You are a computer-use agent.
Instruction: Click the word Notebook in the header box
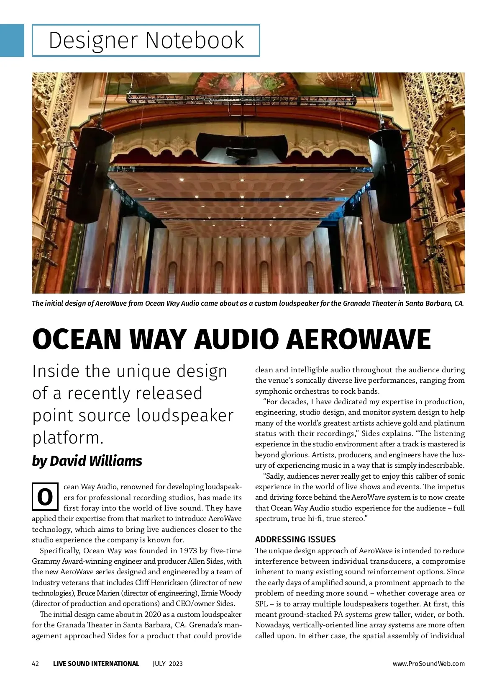coord(195,41)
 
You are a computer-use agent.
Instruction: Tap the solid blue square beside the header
coord(12,40)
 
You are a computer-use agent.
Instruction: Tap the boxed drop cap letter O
coord(45,497)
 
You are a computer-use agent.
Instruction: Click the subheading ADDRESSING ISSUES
coord(295,539)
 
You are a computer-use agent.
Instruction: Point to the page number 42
coord(36,663)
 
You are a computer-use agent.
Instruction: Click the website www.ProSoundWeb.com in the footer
coord(428,663)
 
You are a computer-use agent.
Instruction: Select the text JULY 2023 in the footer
coord(167,663)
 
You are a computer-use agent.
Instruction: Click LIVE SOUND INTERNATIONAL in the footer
coord(96,663)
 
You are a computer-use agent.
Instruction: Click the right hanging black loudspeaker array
coord(390,176)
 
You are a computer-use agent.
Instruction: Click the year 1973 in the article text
coord(188,550)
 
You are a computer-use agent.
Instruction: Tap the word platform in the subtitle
coord(68,438)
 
